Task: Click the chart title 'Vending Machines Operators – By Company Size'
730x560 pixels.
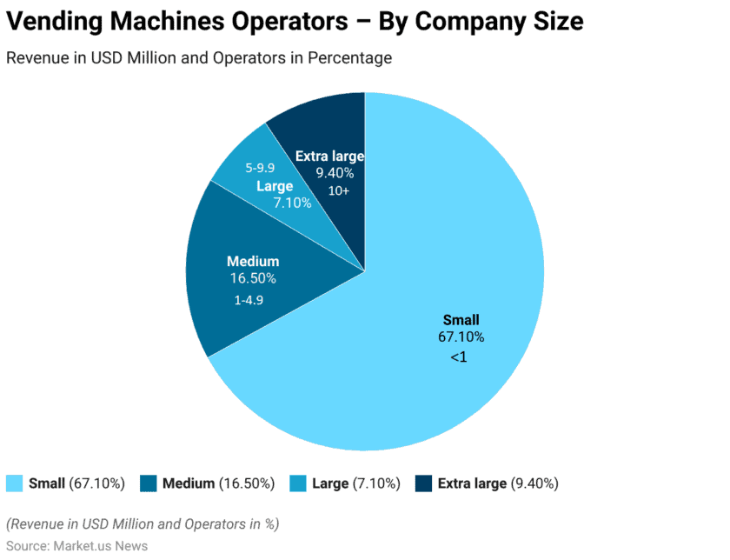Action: point(295,22)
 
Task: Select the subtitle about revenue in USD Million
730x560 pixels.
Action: point(199,58)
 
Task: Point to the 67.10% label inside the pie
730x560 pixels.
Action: point(461,337)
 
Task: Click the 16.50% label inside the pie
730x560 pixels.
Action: point(253,278)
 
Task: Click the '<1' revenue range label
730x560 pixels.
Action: point(459,357)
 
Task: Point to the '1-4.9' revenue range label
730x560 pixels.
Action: point(249,299)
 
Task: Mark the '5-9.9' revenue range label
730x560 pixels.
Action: point(260,167)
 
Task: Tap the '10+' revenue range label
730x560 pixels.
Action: point(334,190)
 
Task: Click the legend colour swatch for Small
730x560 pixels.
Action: point(15,483)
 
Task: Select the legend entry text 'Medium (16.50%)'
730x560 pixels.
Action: point(218,483)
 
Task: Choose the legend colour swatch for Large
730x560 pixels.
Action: point(297,483)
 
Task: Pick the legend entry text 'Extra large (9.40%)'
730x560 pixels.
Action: point(497,483)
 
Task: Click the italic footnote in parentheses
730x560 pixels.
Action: point(143,524)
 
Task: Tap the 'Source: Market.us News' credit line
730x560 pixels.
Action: point(76,546)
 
